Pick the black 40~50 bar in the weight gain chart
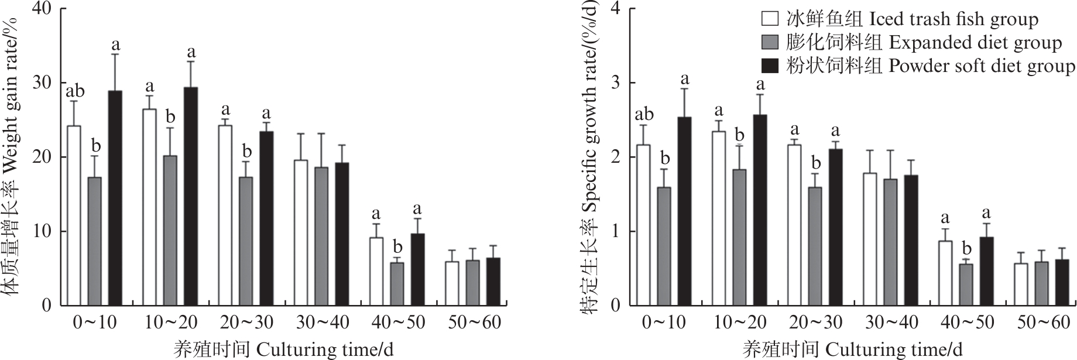click(x=417, y=269)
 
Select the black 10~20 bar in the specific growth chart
click(x=760, y=210)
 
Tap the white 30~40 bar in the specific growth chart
click(x=870, y=239)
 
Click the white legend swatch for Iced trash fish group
click(x=770, y=19)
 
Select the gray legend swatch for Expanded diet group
click(x=770, y=42)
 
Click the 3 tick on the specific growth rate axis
click(x=615, y=83)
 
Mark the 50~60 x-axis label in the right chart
click(x=1044, y=323)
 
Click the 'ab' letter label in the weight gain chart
click(x=74, y=91)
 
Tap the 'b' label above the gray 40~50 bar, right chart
click(x=966, y=248)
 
